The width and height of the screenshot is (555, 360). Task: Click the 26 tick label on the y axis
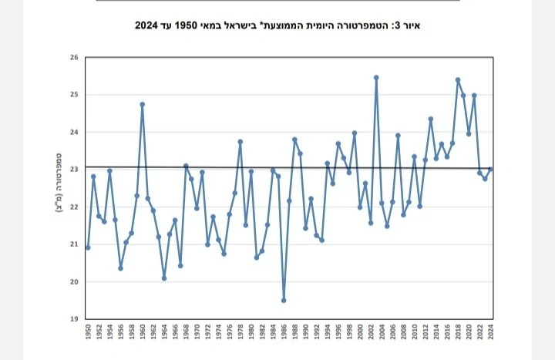[x=74, y=58]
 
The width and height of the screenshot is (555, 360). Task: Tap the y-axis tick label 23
[x=74, y=170]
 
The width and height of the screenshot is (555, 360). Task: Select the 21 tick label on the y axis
[x=74, y=244]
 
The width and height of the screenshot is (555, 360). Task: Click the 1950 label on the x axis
[x=88, y=333]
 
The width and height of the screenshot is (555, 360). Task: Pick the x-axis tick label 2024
[x=490, y=333]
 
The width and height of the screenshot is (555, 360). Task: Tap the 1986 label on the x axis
[x=284, y=333]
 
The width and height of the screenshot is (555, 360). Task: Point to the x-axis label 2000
[x=360, y=333]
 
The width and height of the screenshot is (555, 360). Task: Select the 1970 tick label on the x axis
[x=197, y=333]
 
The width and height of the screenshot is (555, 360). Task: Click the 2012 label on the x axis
[x=425, y=333]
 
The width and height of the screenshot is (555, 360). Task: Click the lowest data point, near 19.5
[x=284, y=301]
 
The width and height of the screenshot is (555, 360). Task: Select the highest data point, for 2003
[x=376, y=77]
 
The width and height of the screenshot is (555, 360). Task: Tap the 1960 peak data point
[x=143, y=104]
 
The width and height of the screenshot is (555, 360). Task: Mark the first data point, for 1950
[x=88, y=247]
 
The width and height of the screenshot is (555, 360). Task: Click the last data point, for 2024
[x=490, y=170]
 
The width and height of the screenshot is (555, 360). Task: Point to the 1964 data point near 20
[x=164, y=278]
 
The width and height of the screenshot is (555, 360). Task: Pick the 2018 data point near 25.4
[x=458, y=79]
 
